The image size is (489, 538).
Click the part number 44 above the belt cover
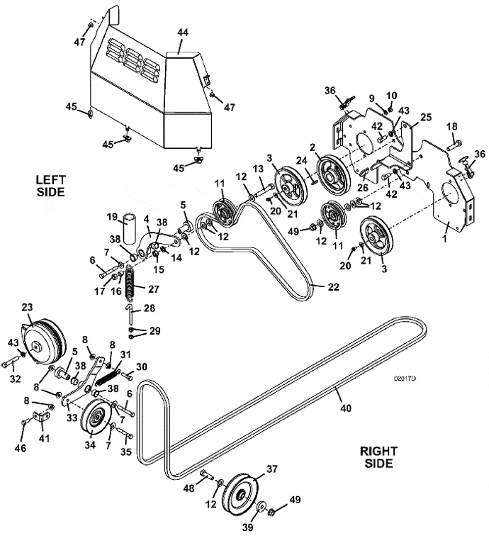(183, 33)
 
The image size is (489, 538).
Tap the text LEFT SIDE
(50, 186)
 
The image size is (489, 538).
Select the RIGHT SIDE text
(378, 457)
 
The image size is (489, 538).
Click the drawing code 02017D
(405, 379)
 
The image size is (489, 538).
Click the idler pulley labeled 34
(96, 417)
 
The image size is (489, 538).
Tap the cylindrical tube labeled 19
(130, 229)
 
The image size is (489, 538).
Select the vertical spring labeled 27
(130, 281)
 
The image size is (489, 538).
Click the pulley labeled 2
(333, 174)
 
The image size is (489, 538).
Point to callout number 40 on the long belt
(346, 408)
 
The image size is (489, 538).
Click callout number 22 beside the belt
(333, 287)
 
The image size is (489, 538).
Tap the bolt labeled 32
(11, 362)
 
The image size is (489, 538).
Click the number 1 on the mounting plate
(445, 239)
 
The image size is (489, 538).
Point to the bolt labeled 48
(207, 476)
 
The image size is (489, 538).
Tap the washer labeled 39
(262, 508)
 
